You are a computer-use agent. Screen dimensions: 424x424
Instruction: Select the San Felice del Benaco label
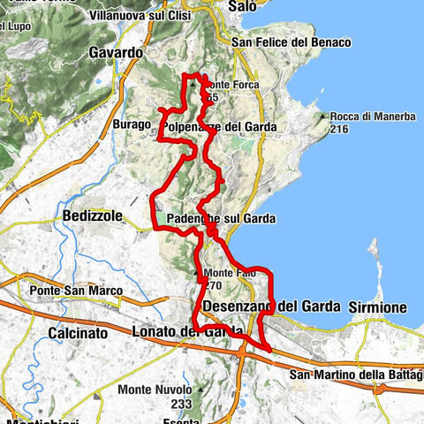coord(291,42)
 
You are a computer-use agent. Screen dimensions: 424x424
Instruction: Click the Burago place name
coord(132,125)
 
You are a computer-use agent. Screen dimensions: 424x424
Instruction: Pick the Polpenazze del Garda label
coord(220,127)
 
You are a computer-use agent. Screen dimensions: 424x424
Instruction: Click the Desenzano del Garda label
coord(271,307)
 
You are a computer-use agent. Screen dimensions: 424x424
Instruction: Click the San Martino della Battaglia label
coord(356,375)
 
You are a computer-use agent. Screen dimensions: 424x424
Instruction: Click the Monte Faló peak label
coord(230,273)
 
